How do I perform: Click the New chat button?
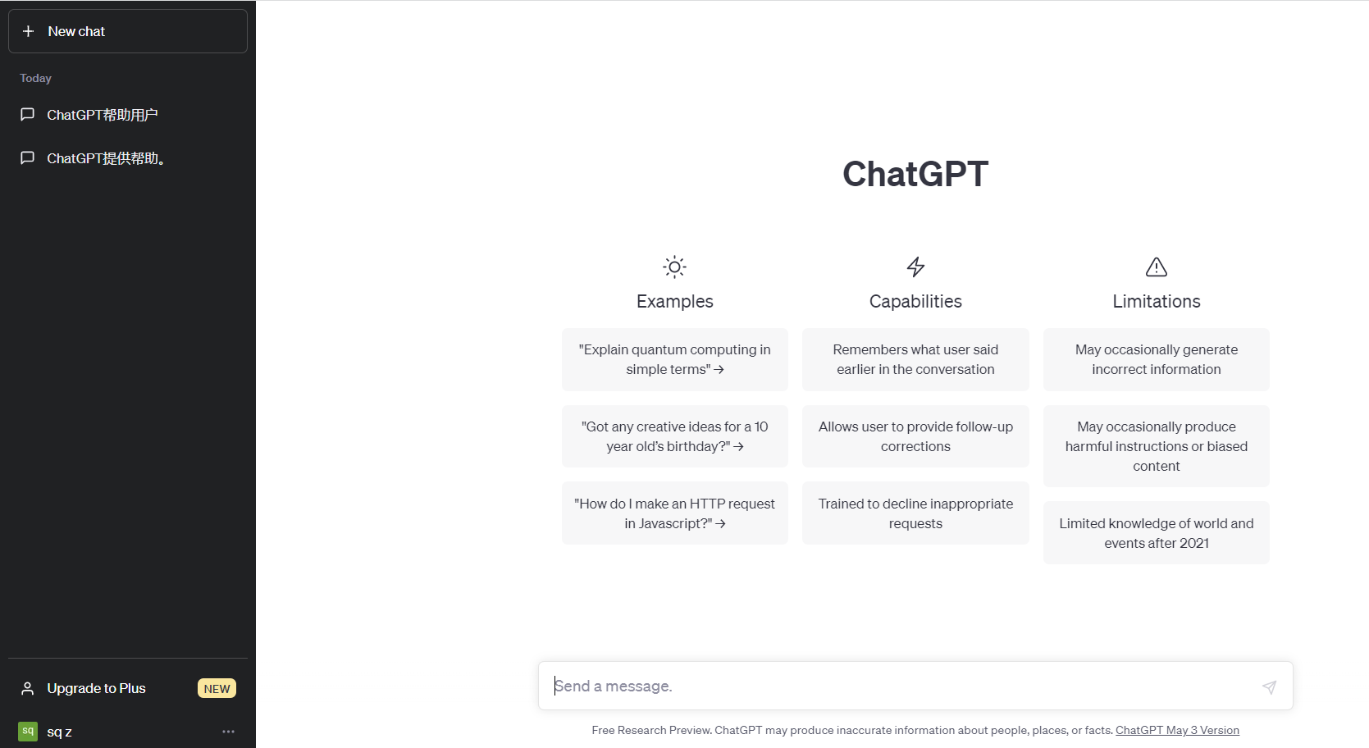pyautogui.click(x=128, y=31)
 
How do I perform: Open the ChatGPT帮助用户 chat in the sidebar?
pyautogui.click(x=102, y=115)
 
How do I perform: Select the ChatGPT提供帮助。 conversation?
pyautogui.click(x=107, y=158)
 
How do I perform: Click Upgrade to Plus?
pyautogui.click(x=96, y=688)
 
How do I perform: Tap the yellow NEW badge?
pyautogui.click(x=217, y=689)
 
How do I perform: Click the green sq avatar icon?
pyautogui.click(x=28, y=731)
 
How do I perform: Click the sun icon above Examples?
pyautogui.click(x=675, y=267)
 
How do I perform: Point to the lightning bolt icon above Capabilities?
pyautogui.click(x=915, y=267)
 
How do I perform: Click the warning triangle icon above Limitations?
pyautogui.click(x=1157, y=267)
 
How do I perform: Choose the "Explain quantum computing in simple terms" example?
pyautogui.click(x=675, y=359)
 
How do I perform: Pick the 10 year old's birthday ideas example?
pyautogui.click(x=675, y=436)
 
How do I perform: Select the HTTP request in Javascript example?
pyautogui.click(x=675, y=513)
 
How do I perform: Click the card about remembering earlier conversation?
pyautogui.click(x=915, y=359)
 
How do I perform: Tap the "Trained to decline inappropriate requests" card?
pyautogui.click(x=915, y=513)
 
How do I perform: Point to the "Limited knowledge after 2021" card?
pyautogui.click(x=1157, y=533)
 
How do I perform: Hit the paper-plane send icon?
pyautogui.click(x=1270, y=686)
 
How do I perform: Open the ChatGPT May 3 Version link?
pyautogui.click(x=1177, y=730)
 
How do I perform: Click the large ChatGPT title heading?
pyautogui.click(x=915, y=174)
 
